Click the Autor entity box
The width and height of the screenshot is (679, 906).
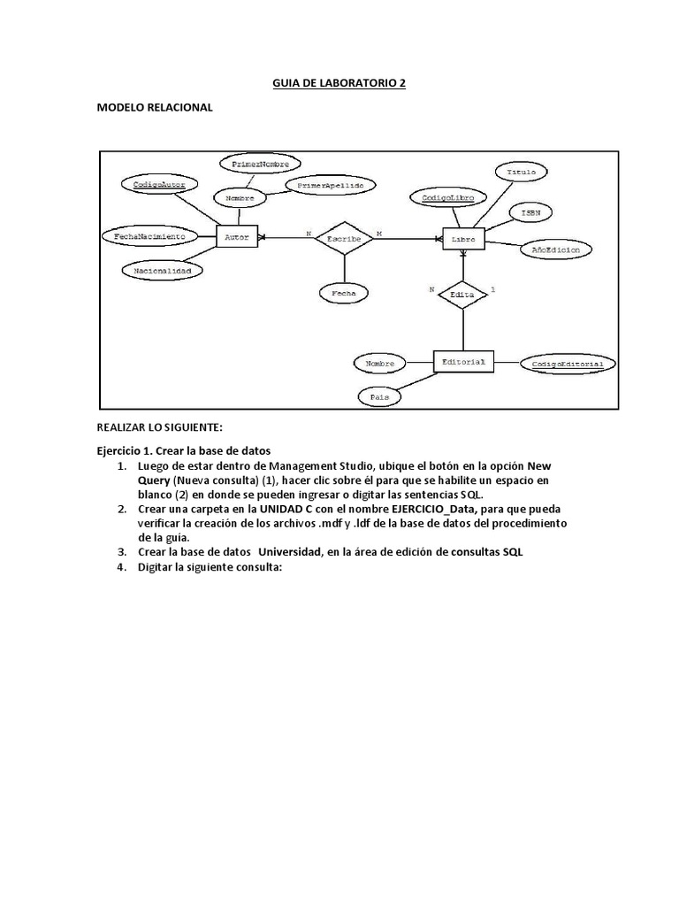pyautogui.click(x=235, y=237)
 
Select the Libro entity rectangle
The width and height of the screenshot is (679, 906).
pyautogui.click(x=463, y=238)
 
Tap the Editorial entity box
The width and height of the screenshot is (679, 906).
pyautogui.click(x=463, y=361)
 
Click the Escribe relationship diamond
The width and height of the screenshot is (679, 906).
pyautogui.click(x=344, y=238)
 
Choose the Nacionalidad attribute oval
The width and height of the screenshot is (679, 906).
pyautogui.click(x=162, y=270)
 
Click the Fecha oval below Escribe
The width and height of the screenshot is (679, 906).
pyautogui.click(x=343, y=291)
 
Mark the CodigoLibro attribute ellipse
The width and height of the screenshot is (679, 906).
pyautogui.click(x=448, y=198)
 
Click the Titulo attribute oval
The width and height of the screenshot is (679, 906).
pyautogui.click(x=525, y=171)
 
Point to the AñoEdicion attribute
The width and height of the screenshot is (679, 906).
pyautogui.click(x=555, y=250)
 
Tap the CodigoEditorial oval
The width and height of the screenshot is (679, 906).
pyautogui.click(x=568, y=363)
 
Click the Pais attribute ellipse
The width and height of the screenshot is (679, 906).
pyautogui.click(x=379, y=397)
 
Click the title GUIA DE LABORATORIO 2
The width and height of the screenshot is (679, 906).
pyautogui.click(x=339, y=83)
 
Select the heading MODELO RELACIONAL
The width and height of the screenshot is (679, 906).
pyautogui.click(x=154, y=107)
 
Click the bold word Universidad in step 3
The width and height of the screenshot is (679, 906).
pyautogui.click(x=300, y=552)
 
